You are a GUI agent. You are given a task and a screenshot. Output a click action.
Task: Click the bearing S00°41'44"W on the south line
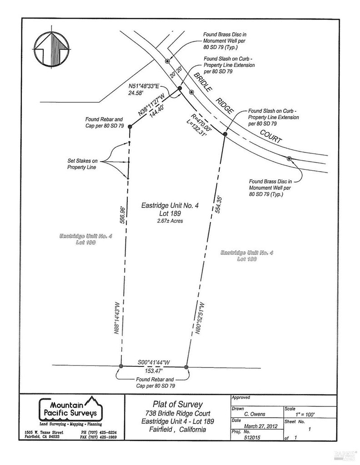pyautogui.click(x=154, y=362)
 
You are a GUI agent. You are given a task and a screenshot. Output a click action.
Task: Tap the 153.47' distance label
pyautogui.click(x=154, y=370)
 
